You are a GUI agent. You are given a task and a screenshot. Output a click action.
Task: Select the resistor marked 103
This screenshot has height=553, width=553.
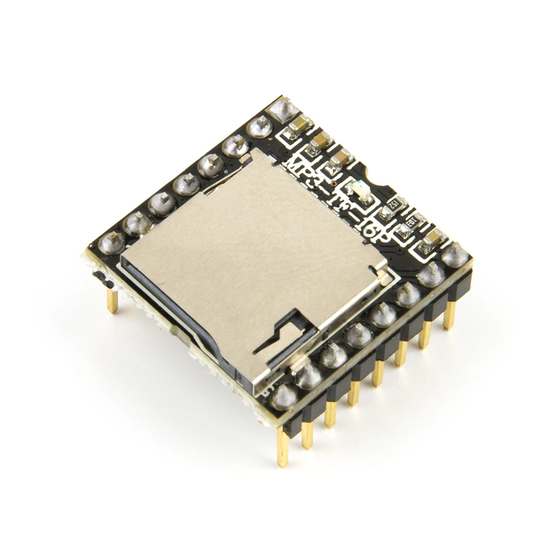(413, 222)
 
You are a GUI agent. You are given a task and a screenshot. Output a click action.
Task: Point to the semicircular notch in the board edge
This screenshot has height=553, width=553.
(379, 178)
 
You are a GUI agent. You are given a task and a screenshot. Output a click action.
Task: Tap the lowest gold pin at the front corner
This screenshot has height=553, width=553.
(283, 448)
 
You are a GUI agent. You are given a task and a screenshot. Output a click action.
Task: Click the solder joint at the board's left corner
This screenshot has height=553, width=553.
(112, 242)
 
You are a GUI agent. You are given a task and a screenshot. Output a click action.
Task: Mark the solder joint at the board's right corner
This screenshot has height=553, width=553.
(455, 253)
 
